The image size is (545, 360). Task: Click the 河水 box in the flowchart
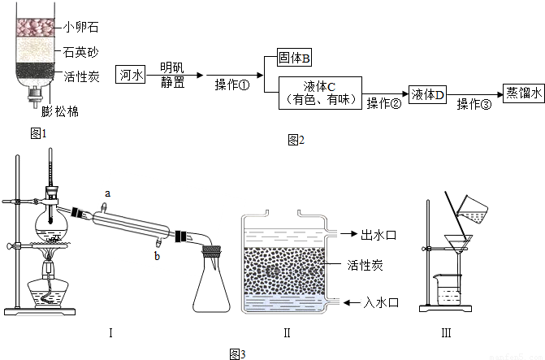131,75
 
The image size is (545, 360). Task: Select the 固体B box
296,59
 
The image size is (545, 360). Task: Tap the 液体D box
429,94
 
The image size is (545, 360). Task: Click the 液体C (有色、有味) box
320,93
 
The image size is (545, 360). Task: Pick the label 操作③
474,104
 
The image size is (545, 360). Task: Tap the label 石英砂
81,52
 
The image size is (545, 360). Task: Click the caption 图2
296,140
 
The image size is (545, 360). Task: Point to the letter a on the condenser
106,193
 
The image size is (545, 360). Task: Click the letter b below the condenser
158,256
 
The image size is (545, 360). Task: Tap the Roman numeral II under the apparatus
288,332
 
